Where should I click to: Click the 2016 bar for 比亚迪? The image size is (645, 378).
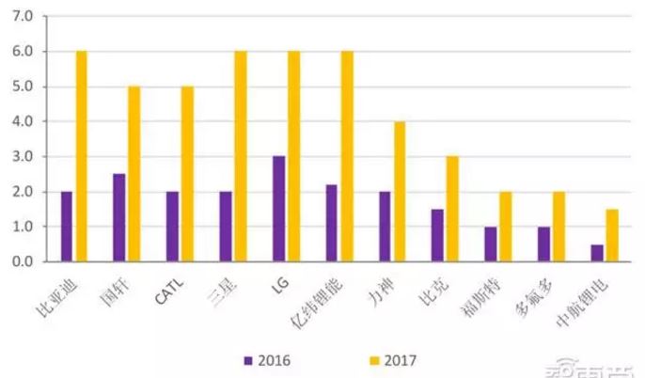66,227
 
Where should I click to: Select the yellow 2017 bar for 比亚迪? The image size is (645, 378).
81,156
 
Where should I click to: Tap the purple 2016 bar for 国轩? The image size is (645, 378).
118,217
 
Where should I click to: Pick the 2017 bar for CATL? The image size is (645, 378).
187,174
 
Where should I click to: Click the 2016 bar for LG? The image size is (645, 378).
278,209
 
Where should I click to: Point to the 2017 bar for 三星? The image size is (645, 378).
241,156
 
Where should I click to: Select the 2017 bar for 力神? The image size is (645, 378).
400,191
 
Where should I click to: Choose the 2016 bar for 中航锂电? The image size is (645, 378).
597,253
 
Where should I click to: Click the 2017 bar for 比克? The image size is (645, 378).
452,209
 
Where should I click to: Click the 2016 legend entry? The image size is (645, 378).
268,358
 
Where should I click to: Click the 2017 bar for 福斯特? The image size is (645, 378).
506,227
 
